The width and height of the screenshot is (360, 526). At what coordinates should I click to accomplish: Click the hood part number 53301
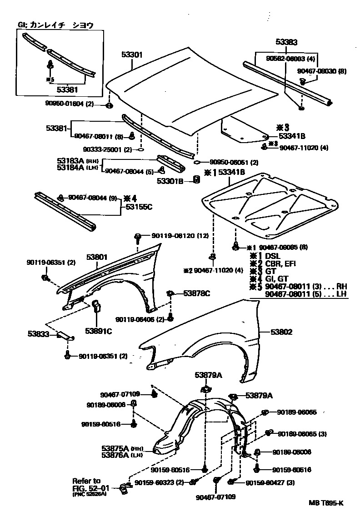click(132, 55)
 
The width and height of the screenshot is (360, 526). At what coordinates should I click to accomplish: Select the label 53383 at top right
click(286, 42)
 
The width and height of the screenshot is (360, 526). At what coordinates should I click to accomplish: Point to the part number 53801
click(97, 257)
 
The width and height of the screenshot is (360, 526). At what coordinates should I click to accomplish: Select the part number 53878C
click(196, 293)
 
